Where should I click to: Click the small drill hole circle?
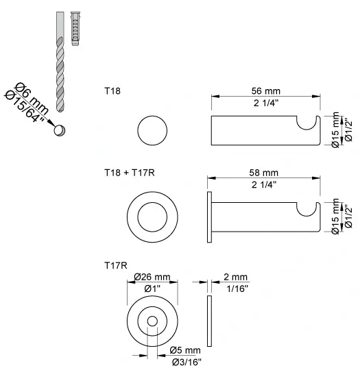61,128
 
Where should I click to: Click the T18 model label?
112,90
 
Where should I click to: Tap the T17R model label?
114,263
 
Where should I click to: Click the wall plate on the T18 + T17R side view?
209,216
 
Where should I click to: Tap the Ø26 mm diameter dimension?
152,278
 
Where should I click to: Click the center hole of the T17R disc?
152,322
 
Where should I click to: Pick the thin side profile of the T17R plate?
209,322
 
